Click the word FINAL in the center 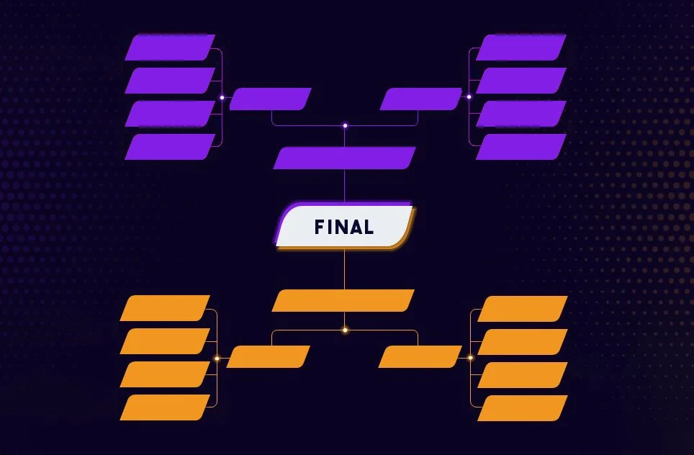tap(344, 227)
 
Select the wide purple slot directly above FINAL tap(344, 158)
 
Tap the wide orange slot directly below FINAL tap(343, 301)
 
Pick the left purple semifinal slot tap(270, 99)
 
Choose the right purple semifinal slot tap(420, 99)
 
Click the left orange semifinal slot tap(268, 356)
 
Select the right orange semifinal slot tap(420, 356)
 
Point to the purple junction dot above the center tap(345, 125)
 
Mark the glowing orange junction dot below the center tap(345, 330)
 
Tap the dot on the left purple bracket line tap(222, 97)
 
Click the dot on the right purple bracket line tap(469, 96)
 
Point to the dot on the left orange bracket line tap(217, 358)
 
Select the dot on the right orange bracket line tap(470, 357)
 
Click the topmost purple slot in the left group tap(170, 48)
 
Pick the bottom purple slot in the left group tap(170, 147)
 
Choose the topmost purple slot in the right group tap(521, 48)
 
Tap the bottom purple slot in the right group tap(521, 147)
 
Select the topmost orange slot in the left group tap(165, 308)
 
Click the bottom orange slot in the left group tap(165, 407)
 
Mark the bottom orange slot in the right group tap(523, 408)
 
